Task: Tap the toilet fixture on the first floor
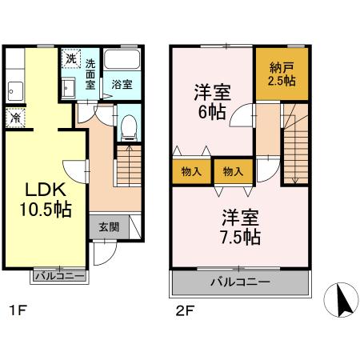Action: (x=128, y=127)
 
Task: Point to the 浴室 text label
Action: (x=122, y=84)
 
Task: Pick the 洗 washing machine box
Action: (x=70, y=58)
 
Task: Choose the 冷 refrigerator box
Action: (x=15, y=118)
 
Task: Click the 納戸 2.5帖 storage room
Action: (x=280, y=74)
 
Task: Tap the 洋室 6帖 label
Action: (x=210, y=102)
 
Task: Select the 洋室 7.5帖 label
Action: (x=240, y=227)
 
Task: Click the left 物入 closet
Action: (x=191, y=172)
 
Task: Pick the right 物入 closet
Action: (x=233, y=172)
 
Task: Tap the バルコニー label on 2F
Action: (x=240, y=282)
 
